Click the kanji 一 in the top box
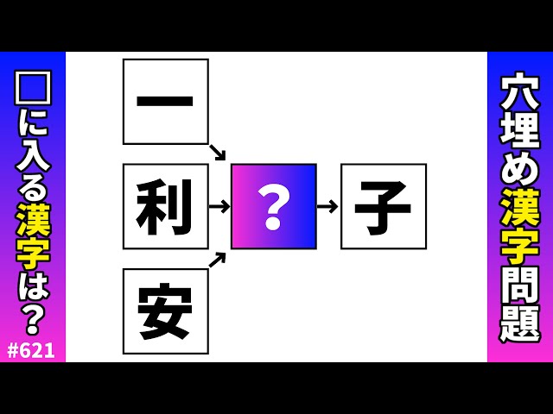click(165, 102)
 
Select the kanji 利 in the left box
click(165, 207)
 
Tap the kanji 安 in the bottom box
click(165, 311)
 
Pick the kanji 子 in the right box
click(383, 207)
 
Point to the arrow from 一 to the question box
click(217, 153)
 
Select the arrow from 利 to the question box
click(219, 206)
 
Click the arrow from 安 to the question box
click(217, 259)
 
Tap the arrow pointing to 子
click(327, 206)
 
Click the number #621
click(32, 350)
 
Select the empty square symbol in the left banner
click(33, 88)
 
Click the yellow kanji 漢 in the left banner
click(33, 219)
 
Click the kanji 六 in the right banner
click(520, 91)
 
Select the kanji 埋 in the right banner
click(520, 129)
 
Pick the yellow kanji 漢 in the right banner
click(520, 207)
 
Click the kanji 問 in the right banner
click(520, 284)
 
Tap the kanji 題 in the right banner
click(520, 323)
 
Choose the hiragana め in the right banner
click(520, 168)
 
